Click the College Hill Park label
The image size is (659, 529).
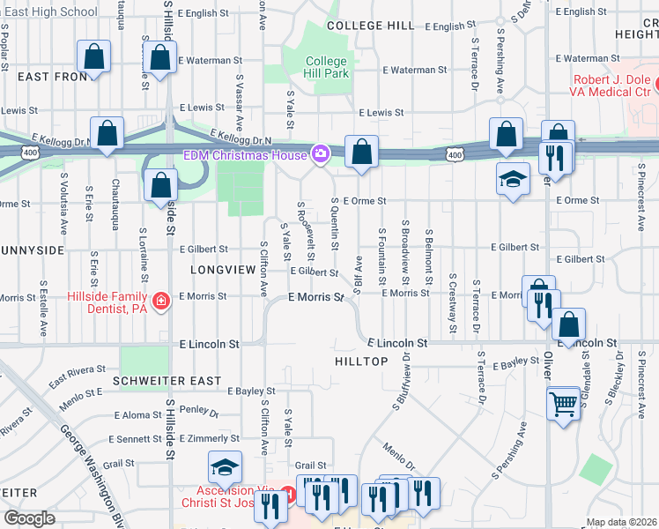[327, 68]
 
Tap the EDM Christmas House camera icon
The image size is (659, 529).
[321, 155]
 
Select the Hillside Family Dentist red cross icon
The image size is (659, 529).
[160, 302]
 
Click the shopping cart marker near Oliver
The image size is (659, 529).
[564, 404]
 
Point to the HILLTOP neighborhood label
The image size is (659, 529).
[361, 361]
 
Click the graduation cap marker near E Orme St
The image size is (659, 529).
[513, 179]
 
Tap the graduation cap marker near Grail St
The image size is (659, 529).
[226, 467]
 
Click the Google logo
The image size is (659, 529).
[29, 518]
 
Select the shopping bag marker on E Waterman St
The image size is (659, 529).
[159, 58]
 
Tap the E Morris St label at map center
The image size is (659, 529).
[315, 298]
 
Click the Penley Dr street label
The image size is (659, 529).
[198, 410]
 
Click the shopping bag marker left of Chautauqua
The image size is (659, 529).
[93, 58]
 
